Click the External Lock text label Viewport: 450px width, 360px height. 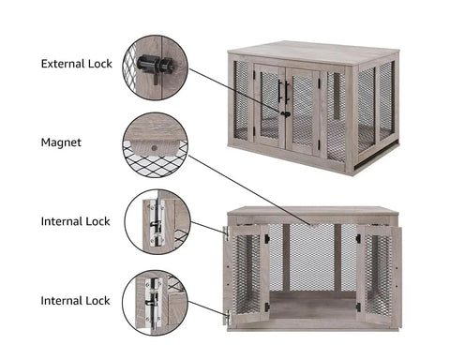tap(77, 64)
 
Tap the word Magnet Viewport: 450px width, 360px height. tap(61, 142)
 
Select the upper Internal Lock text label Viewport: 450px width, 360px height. tap(75, 221)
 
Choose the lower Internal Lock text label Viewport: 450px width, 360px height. tap(75, 301)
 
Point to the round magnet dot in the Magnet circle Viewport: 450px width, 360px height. tap(154, 148)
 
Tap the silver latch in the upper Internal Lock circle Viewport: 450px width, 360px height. tap(157, 223)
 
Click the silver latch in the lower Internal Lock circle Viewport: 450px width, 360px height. tap(153, 302)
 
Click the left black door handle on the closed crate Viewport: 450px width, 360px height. tap(280, 90)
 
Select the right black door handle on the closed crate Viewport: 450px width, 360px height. tap(287, 91)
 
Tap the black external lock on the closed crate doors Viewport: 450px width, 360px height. tap(284, 114)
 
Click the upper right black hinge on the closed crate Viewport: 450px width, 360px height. tap(320, 83)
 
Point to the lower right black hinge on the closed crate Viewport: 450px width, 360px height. tap(319, 144)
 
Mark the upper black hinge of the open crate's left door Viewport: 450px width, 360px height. tap(267, 239)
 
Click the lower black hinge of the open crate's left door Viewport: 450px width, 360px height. tap(267, 307)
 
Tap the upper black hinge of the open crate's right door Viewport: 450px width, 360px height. tap(358, 239)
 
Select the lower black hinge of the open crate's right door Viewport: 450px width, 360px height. tap(358, 307)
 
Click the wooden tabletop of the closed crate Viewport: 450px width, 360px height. tap(313, 54)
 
